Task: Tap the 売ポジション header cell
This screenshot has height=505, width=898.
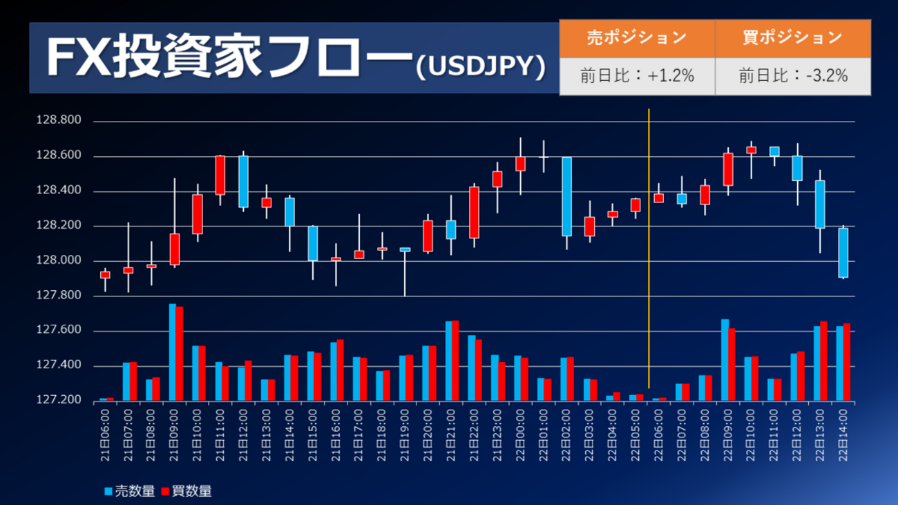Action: (x=636, y=37)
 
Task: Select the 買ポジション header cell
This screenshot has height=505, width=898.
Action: (x=792, y=37)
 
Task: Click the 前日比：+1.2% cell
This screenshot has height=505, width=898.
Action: (x=636, y=76)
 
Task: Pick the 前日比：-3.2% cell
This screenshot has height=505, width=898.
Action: (x=792, y=76)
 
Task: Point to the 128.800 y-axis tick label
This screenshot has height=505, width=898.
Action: (x=58, y=122)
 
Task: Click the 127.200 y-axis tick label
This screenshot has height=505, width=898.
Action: (x=58, y=401)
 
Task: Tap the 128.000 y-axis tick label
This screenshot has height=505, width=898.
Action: (x=58, y=261)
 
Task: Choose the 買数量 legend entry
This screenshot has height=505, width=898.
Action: (x=187, y=491)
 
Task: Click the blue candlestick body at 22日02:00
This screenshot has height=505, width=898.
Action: (x=566, y=196)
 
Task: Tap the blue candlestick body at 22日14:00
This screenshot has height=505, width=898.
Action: (x=843, y=253)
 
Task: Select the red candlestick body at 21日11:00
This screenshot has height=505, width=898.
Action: (x=220, y=175)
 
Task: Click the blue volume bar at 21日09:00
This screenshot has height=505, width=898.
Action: (x=172, y=352)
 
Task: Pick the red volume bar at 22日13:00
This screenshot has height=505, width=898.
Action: (x=823, y=361)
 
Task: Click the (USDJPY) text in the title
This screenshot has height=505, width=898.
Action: (x=481, y=66)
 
